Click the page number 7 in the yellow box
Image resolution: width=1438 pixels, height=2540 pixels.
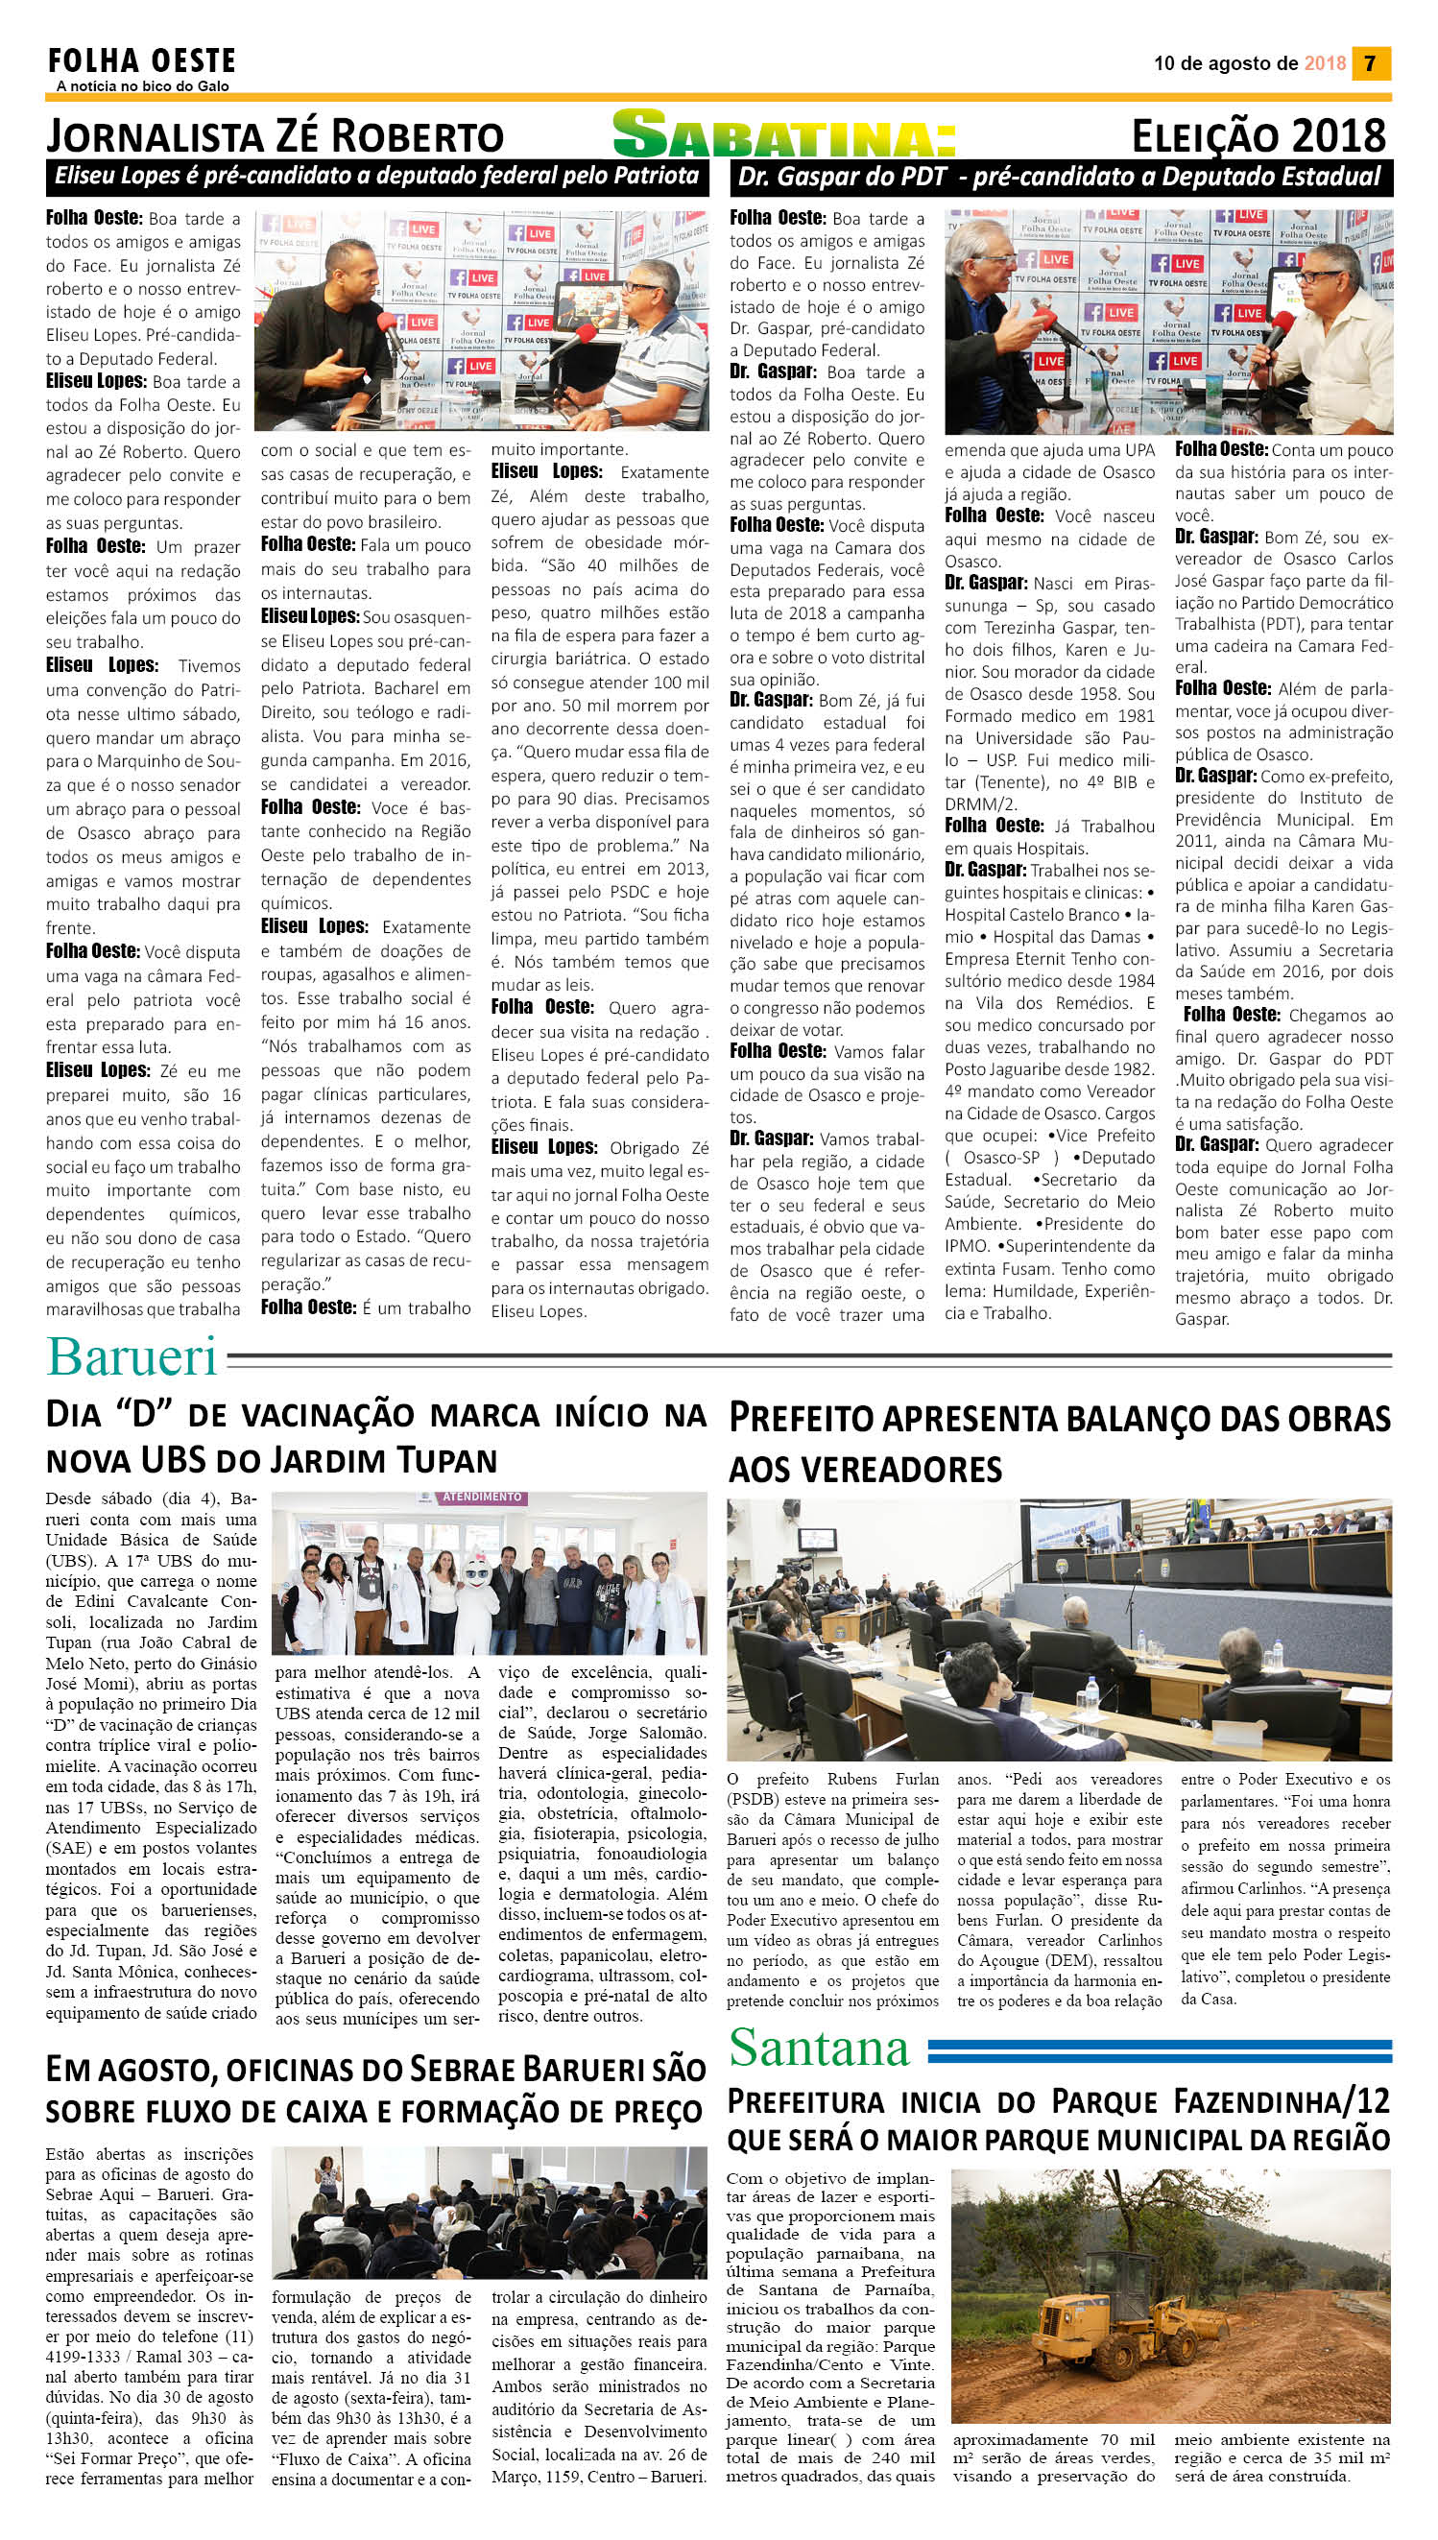click(1370, 63)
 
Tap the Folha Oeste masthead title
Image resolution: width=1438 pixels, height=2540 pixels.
click(141, 62)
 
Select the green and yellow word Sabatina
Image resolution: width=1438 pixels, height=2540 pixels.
click(784, 135)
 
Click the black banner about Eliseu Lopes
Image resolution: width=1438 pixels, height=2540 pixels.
click(376, 178)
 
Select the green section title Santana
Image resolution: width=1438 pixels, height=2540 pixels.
click(819, 2048)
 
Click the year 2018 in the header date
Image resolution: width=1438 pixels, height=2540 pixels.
click(1325, 63)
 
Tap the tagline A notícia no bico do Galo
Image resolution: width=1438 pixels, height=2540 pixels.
click(142, 86)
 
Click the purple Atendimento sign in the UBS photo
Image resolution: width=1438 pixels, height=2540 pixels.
click(482, 1497)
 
